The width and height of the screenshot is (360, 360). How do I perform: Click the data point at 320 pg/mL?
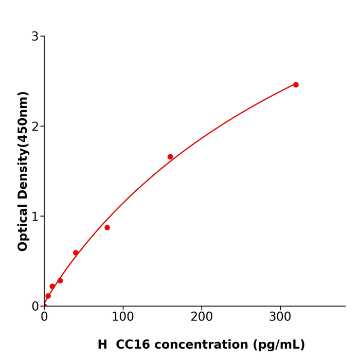(296, 85)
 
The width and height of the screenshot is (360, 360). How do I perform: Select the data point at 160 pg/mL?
(170, 157)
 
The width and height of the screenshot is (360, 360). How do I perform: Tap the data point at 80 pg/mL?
(107, 227)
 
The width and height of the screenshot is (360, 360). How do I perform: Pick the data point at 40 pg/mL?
(76, 253)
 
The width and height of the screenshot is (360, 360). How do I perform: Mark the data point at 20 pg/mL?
(60, 281)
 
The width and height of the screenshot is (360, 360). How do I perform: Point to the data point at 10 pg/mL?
(52, 286)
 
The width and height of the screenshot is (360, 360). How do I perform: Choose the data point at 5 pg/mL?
(48, 296)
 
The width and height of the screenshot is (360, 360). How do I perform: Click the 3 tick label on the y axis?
(35, 37)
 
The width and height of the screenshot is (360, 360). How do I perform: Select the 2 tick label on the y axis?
(35, 127)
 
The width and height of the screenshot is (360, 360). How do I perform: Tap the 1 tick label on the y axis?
(35, 217)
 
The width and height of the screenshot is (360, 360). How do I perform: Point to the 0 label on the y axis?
(35, 307)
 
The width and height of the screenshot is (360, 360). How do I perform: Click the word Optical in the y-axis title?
(23, 227)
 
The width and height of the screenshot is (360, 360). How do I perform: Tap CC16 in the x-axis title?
(134, 345)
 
